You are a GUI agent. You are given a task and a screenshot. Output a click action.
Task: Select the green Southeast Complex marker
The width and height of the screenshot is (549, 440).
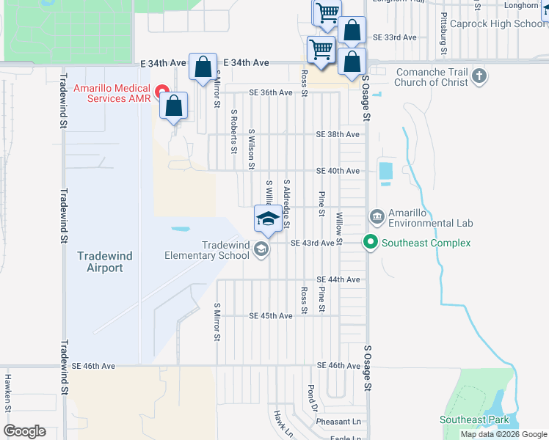[371, 243]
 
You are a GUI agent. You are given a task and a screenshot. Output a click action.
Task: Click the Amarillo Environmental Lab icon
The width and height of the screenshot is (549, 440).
[377, 216]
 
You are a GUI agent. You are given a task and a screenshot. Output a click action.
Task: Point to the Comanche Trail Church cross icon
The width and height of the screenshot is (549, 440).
[479, 76]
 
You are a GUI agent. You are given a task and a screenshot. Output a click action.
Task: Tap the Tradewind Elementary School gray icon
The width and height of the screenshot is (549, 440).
[261, 250]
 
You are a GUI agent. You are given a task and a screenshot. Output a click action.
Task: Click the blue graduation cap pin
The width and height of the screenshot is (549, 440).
[267, 219]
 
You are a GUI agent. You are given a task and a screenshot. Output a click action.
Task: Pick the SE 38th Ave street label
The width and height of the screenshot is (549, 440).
[338, 135]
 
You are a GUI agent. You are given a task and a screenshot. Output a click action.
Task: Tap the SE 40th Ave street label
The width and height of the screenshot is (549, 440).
[338, 171]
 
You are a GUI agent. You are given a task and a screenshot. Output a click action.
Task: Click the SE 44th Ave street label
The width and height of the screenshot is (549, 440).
[338, 280]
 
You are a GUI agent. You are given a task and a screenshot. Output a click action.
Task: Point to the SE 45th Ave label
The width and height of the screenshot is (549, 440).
[271, 316]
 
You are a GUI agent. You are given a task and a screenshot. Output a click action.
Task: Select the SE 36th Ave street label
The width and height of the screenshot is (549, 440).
[271, 92]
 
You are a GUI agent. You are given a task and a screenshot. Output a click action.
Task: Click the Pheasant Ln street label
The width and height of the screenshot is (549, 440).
[338, 422]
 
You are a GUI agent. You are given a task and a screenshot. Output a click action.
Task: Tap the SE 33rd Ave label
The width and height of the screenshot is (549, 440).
[395, 37]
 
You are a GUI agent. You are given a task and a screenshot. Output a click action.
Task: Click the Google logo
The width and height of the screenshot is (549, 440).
[25, 431]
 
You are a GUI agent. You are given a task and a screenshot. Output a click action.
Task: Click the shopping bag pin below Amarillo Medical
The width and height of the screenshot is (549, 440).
[174, 106]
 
